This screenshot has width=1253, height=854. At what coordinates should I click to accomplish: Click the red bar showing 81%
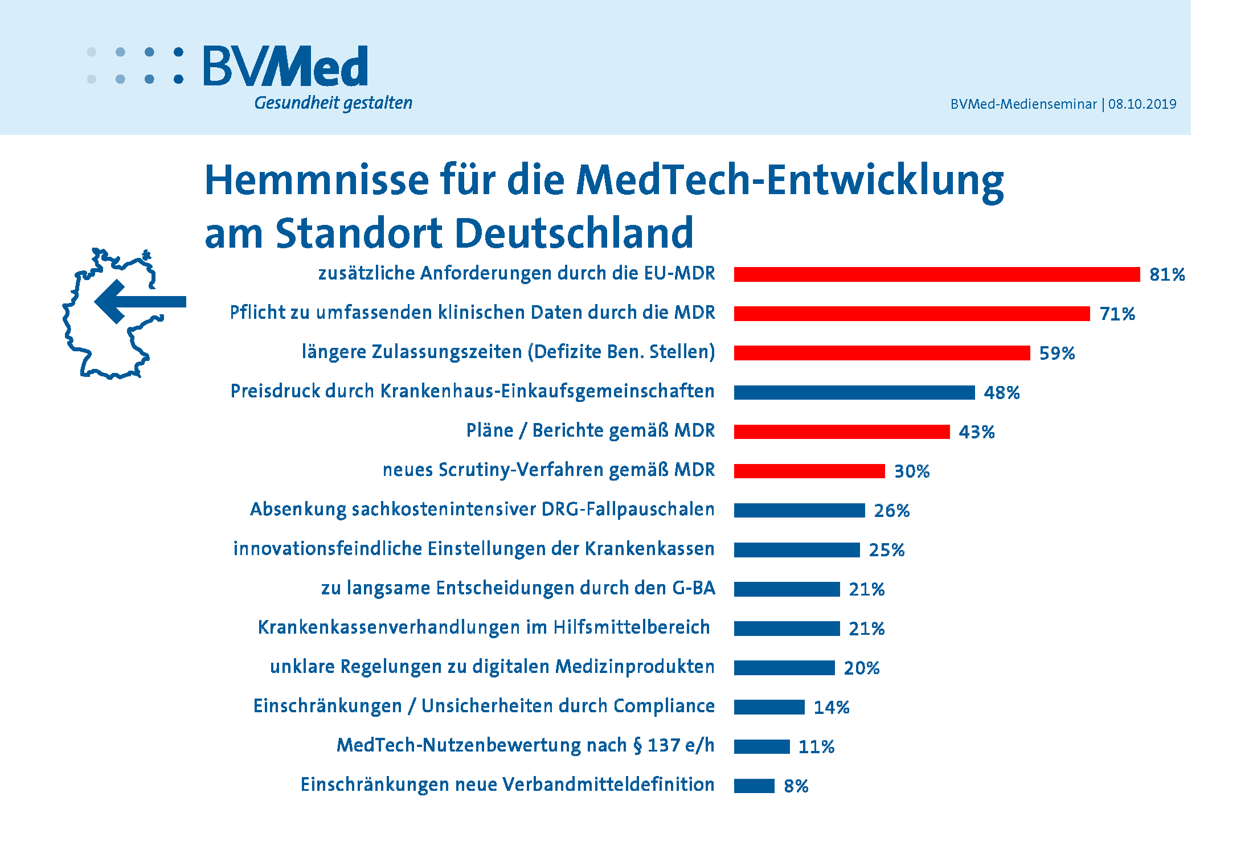pyautogui.click(x=936, y=274)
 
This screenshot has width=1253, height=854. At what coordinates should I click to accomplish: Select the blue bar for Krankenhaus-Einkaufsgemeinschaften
pyautogui.click(x=854, y=392)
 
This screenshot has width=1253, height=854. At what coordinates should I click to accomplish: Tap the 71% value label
pyautogui.click(x=1117, y=314)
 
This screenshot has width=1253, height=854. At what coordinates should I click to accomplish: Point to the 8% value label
pyautogui.click(x=796, y=786)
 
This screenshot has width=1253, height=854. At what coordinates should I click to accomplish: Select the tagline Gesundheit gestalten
pyautogui.click(x=333, y=103)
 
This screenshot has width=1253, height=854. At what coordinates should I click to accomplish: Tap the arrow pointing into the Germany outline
pyautogui.click(x=140, y=301)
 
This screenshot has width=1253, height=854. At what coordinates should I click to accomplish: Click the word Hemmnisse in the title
pyautogui.click(x=317, y=180)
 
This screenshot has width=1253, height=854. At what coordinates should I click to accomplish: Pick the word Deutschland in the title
pyautogui.click(x=575, y=233)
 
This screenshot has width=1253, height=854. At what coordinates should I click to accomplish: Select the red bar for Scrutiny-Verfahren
pyautogui.click(x=809, y=471)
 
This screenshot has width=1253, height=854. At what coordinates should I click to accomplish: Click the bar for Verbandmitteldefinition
pyautogui.click(x=754, y=786)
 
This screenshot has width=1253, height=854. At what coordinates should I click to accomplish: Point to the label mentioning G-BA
pyautogui.click(x=518, y=588)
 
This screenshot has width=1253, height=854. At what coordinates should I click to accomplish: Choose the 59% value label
pyautogui.click(x=1057, y=353)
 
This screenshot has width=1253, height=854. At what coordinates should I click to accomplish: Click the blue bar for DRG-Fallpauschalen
pyautogui.click(x=799, y=510)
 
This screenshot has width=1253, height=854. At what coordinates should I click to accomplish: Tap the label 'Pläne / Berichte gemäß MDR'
pyautogui.click(x=590, y=430)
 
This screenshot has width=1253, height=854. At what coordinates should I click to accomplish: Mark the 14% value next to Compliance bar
pyautogui.click(x=831, y=707)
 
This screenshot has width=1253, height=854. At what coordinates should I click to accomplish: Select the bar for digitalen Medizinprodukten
pyautogui.click(x=784, y=668)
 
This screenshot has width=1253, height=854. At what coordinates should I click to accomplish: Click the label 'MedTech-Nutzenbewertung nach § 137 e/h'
pyautogui.click(x=525, y=745)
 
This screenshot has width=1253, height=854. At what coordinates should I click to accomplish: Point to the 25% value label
pyautogui.click(x=886, y=550)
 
